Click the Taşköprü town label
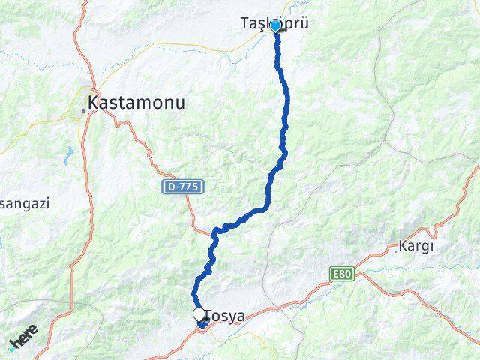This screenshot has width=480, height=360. [x=275, y=25]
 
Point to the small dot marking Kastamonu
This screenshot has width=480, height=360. [x=83, y=109]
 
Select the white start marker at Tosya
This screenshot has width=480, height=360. [x=199, y=314]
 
